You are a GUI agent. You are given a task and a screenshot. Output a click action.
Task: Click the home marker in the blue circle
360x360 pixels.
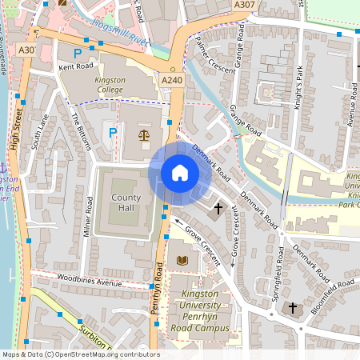[179, 173]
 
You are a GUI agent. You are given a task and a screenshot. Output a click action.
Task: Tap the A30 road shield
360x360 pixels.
[27, 50]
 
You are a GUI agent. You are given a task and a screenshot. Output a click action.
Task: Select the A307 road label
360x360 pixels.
[246, 6]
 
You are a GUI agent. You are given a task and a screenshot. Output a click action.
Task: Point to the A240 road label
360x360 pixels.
[171, 81]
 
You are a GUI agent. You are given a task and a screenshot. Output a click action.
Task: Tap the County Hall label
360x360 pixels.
[126, 203]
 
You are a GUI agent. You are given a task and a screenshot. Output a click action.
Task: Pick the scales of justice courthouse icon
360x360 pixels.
[143, 134]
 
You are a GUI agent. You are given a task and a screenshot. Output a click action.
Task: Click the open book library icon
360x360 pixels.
[182, 261]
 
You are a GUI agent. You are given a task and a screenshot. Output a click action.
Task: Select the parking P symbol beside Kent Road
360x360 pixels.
[78, 54]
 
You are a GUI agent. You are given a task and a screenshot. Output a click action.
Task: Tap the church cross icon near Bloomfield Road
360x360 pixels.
[293, 307]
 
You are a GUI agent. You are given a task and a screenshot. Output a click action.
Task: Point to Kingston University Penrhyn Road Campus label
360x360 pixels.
[201, 312]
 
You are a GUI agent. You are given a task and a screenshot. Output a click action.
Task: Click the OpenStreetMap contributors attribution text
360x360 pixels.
[80, 354]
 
